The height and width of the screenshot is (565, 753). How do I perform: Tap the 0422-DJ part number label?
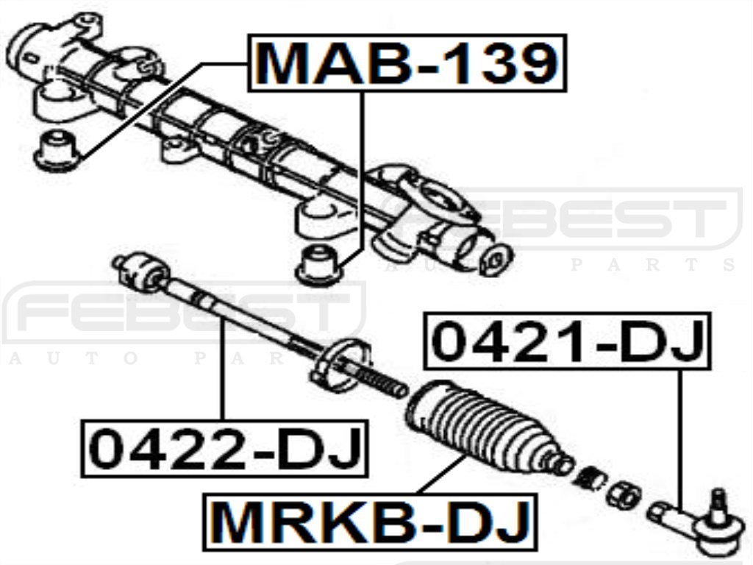pos(224,448)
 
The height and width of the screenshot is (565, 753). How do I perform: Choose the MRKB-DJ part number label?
pos(371,522)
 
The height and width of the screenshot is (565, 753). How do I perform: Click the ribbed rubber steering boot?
pos(482,427)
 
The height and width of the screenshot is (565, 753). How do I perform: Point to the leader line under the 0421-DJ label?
pos(680,434)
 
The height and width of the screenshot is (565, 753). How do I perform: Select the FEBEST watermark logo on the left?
pos(184,313)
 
